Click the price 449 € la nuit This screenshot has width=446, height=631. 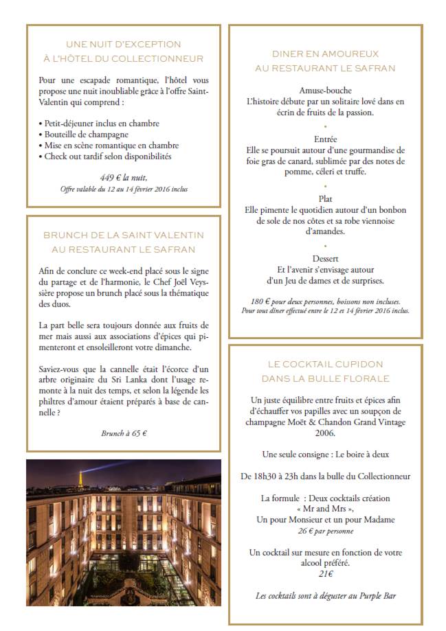click(x=124, y=176)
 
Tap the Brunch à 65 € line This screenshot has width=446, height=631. click(x=124, y=433)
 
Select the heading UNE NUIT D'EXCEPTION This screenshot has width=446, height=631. click(x=124, y=45)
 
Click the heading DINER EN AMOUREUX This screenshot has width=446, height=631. click(x=325, y=54)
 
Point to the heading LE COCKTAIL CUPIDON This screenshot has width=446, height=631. click(x=325, y=364)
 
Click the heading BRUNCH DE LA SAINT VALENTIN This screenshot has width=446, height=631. click(x=124, y=235)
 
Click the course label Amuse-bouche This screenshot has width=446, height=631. click(x=325, y=91)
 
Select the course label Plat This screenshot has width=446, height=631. click(x=325, y=199)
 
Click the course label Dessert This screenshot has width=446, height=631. click(x=325, y=260)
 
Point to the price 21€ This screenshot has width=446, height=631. click(x=325, y=574)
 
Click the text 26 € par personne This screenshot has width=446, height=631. click(x=325, y=531)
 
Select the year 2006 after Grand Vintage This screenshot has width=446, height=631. click(x=325, y=433)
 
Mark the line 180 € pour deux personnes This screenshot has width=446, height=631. click(x=325, y=301)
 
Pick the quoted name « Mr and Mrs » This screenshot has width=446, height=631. click(x=325, y=509)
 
